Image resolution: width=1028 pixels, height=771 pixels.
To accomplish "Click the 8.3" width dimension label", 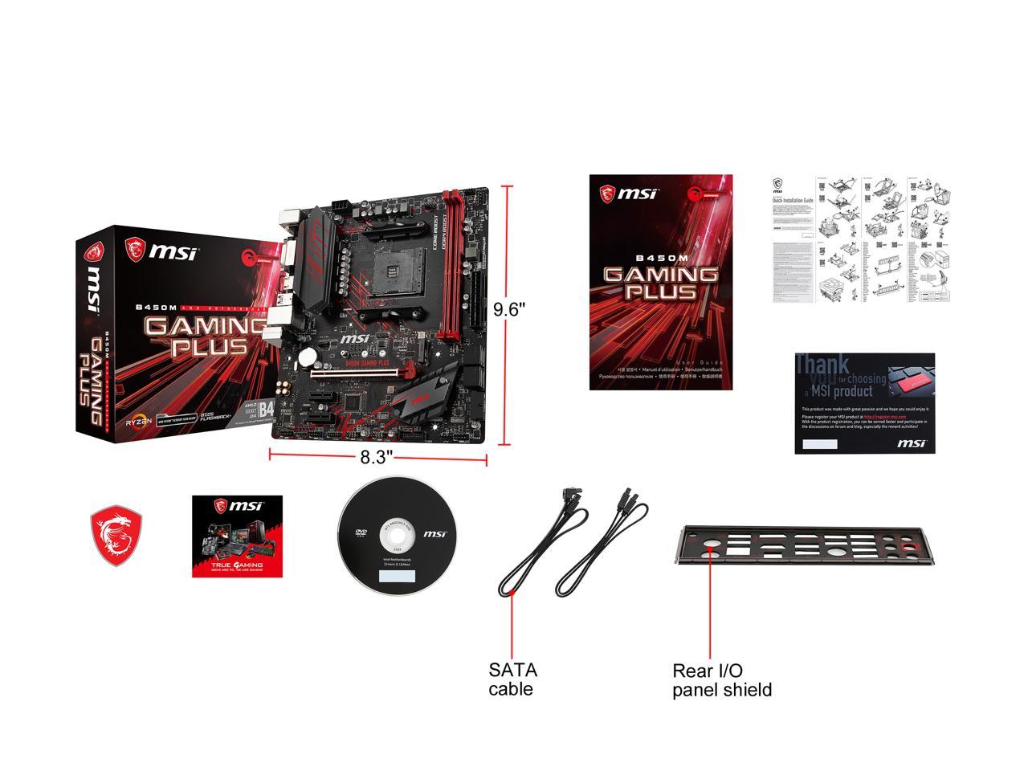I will [x=376, y=458].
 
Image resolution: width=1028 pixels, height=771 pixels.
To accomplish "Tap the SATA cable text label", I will [x=512, y=679].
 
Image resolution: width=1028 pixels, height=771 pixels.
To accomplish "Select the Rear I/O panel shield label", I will [x=721, y=679].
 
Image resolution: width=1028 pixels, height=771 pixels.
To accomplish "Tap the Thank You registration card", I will [x=863, y=402].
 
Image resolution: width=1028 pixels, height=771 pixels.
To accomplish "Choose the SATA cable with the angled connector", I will [x=536, y=546].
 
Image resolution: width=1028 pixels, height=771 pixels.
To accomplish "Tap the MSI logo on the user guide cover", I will [x=629, y=193].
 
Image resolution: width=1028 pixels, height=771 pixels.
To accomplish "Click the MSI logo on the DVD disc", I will [x=434, y=533].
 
